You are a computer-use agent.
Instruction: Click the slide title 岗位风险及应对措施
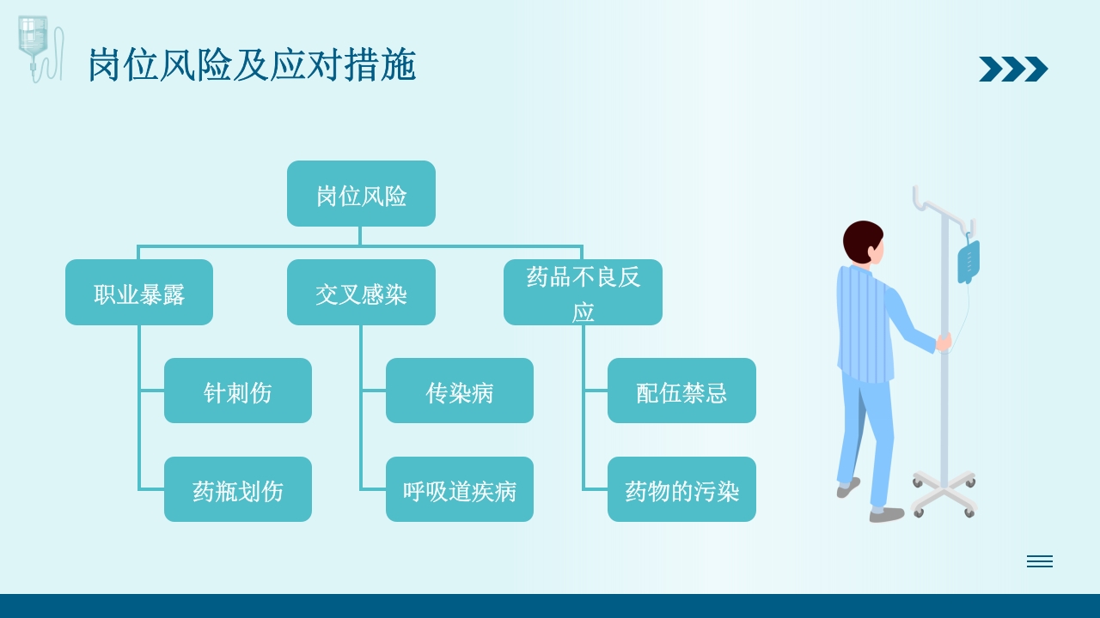click(x=252, y=66)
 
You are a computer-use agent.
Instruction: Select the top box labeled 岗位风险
click(x=361, y=194)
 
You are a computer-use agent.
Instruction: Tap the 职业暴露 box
click(x=139, y=293)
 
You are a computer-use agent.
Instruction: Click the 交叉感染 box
click(x=361, y=293)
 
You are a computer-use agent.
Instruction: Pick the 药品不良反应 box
click(x=583, y=293)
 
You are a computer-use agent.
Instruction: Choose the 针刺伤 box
click(x=238, y=391)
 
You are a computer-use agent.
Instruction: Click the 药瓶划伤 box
click(x=238, y=489)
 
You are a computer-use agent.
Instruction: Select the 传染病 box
click(x=460, y=391)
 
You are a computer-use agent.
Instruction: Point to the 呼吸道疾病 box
click(x=460, y=489)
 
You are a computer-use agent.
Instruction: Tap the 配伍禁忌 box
click(x=681, y=391)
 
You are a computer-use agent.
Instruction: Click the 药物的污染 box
click(x=681, y=489)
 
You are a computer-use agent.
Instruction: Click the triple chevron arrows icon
click(x=1013, y=69)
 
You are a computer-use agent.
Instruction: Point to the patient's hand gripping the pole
click(x=944, y=342)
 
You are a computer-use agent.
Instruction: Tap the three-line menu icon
click(x=1039, y=561)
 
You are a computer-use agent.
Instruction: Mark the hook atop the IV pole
click(x=924, y=202)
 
